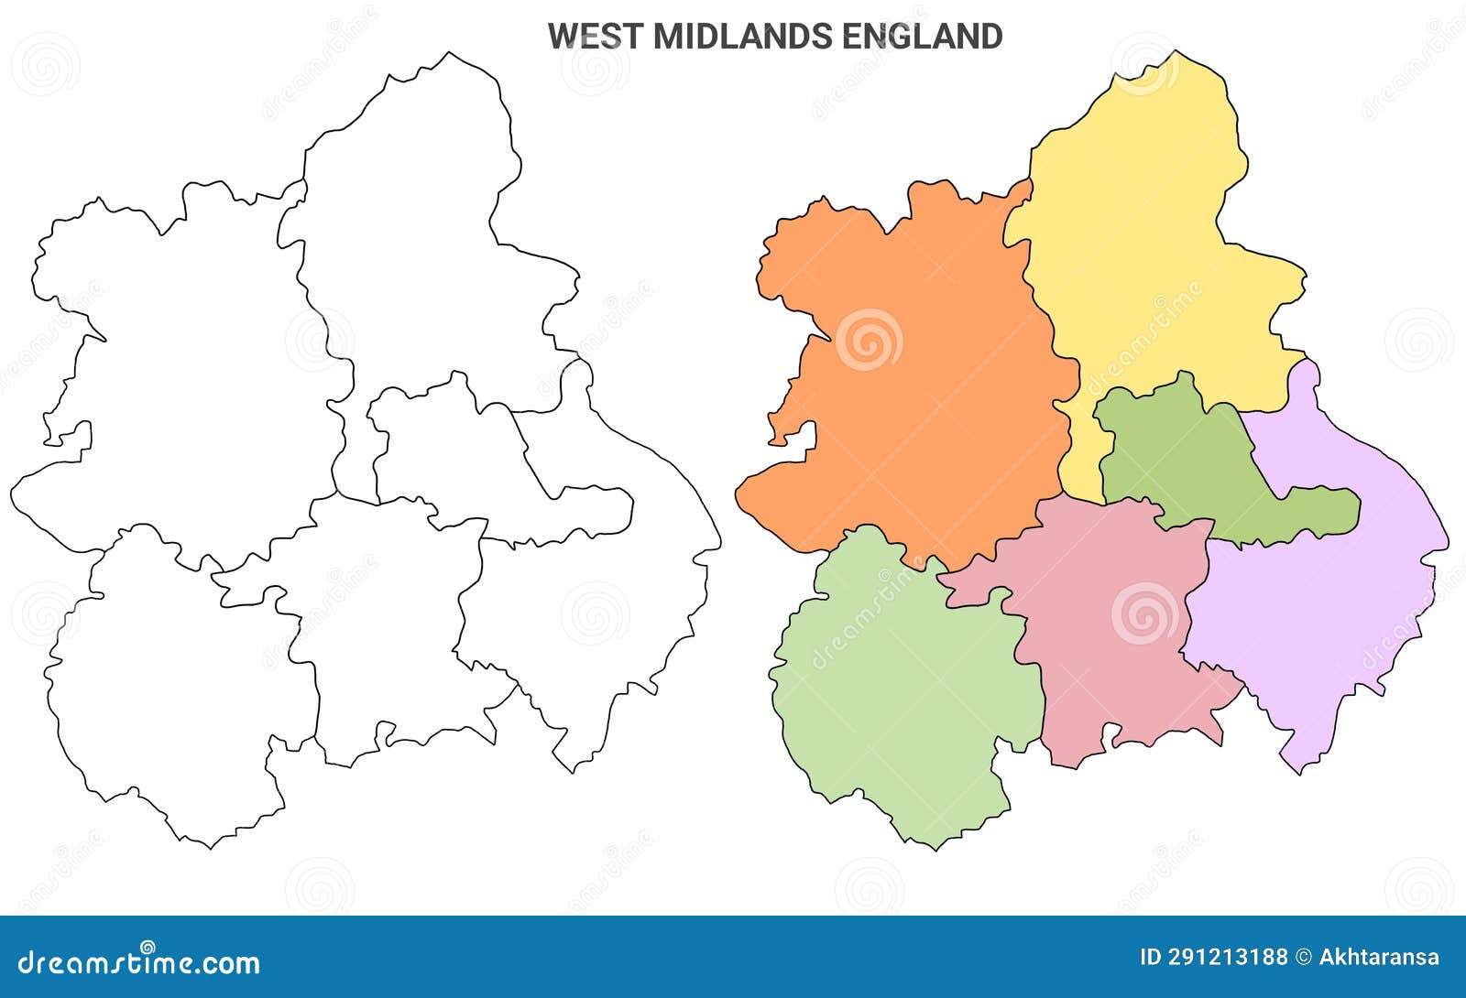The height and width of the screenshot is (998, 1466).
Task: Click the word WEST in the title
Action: click(x=595, y=37)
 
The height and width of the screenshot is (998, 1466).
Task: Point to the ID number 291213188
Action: click(x=1227, y=958)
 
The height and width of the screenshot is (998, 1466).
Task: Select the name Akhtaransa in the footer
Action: click(x=1379, y=958)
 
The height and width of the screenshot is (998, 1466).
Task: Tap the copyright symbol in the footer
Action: click(x=1303, y=958)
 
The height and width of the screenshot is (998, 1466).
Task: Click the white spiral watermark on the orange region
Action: click(x=869, y=340)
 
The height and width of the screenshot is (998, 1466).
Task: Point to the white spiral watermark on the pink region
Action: click(x=1144, y=613)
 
